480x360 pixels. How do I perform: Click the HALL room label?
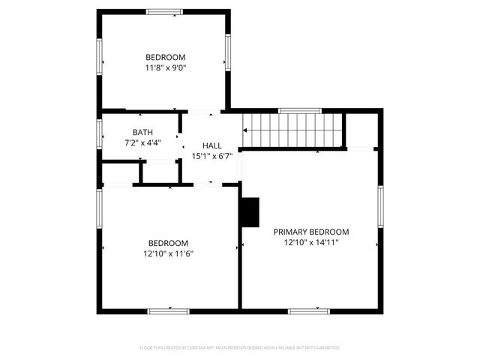(x=212, y=145)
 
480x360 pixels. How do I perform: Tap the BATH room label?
(x=142, y=132)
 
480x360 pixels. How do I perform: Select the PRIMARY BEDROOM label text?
(x=311, y=232)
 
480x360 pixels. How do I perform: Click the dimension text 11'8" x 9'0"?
(x=165, y=67)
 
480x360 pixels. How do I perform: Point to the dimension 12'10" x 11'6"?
(x=168, y=253)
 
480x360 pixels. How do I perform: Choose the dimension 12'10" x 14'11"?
(x=311, y=242)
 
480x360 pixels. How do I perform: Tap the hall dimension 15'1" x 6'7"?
(x=212, y=156)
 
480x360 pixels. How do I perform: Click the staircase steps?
(x=295, y=130)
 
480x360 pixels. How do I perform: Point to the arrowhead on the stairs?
(x=246, y=130)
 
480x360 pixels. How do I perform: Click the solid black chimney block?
(x=250, y=212)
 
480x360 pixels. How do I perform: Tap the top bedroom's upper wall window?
(x=163, y=11)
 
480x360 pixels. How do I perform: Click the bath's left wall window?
(x=100, y=133)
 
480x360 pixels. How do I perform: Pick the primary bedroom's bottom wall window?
(x=308, y=310)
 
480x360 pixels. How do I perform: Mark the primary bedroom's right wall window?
(x=380, y=206)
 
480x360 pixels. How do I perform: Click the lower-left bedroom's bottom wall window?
(x=168, y=310)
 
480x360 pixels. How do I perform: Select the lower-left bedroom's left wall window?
(x=100, y=211)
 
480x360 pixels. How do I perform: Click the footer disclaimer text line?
(x=240, y=348)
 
